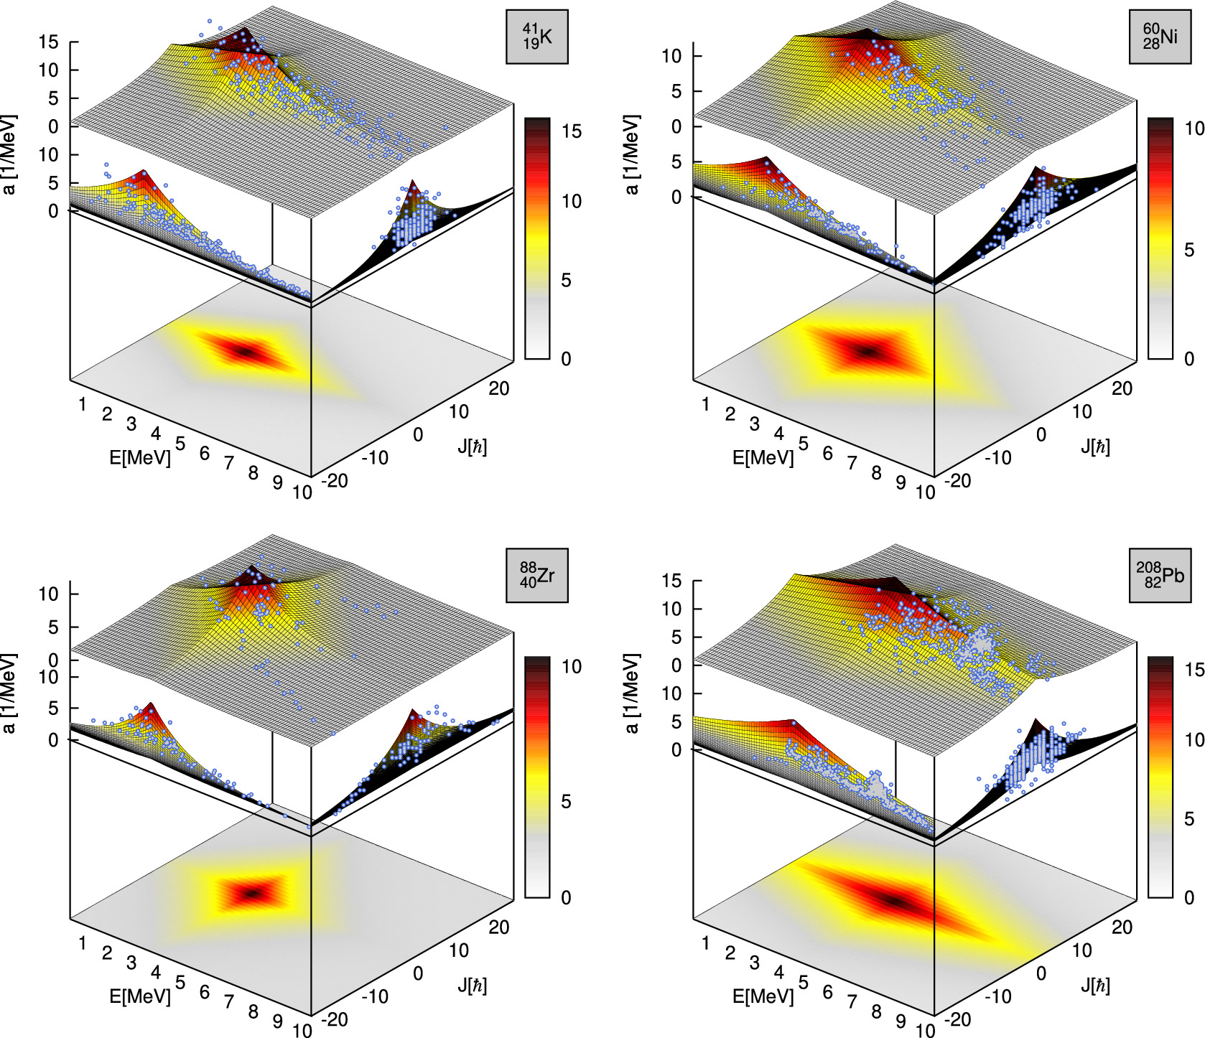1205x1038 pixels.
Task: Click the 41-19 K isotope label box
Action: (536, 37)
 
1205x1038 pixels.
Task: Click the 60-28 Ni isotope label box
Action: (1160, 37)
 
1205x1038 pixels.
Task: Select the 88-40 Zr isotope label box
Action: (536, 576)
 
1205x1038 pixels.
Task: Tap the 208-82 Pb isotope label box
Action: (1160, 576)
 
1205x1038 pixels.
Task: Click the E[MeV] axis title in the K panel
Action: (140, 457)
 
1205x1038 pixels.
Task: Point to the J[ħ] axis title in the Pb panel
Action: (1095, 986)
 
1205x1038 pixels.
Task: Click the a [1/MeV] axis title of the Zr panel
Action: (9, 693)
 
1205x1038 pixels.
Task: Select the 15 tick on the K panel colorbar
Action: (572, 131)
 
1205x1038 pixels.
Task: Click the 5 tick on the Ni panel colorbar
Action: (1189, 250)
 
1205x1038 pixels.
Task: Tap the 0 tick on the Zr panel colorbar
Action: (566, 897)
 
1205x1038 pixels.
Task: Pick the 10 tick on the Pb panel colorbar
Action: (1194, 739)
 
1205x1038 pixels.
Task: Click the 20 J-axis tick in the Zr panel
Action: (498, 927)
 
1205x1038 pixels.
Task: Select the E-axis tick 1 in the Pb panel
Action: (705, 943)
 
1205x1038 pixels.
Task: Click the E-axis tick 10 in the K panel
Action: (302, 492)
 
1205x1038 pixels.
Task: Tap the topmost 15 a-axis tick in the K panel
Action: (48, 42)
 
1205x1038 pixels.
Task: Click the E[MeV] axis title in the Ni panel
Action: (763, 457)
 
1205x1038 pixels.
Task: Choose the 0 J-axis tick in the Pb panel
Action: (1041, 973)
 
